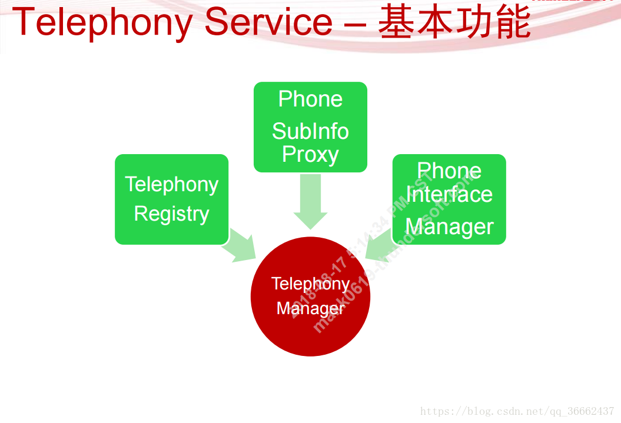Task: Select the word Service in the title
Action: [x=268, y=22]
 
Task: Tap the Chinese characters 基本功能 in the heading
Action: [x=454, y=22]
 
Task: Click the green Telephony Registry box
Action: [x=171, y=199]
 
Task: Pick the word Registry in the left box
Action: [x=171, y=214]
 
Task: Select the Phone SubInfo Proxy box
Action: [x=310, y=127]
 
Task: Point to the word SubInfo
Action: [x=310, y=131]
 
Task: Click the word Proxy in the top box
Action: [x=310, y=154]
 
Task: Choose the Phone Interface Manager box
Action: [x=449, y=199]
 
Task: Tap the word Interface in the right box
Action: [x=449, y=194]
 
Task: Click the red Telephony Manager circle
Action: [x=310, y=296]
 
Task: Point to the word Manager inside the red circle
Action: [x=310, y=308]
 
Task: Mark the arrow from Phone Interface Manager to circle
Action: [x=380, y=244]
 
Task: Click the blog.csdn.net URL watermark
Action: [x=517, y=411]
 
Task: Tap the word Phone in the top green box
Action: [x=310, y=99]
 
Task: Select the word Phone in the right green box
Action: [x=449, y=171]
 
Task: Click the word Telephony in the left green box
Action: [x=171, y=184]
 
